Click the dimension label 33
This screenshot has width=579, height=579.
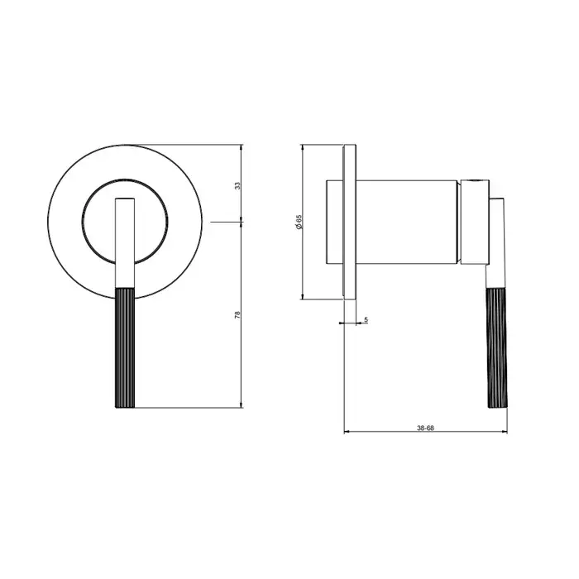click(x=238, y=185)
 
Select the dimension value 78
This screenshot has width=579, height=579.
click(x=237, y=314)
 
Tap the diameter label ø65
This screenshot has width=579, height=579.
click(x=299, y=222)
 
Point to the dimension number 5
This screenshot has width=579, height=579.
click(x=366, y=319)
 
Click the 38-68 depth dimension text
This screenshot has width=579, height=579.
click(x=425, y=428)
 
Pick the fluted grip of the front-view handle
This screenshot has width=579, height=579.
click(x=125, y=348)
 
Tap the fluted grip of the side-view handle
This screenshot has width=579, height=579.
click(x=497, y=348)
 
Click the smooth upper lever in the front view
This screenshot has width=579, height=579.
click(x=125, y=243)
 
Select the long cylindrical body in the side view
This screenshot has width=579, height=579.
click(x=407, y=223)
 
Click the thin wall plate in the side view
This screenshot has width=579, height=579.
click(x=350, y=222)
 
